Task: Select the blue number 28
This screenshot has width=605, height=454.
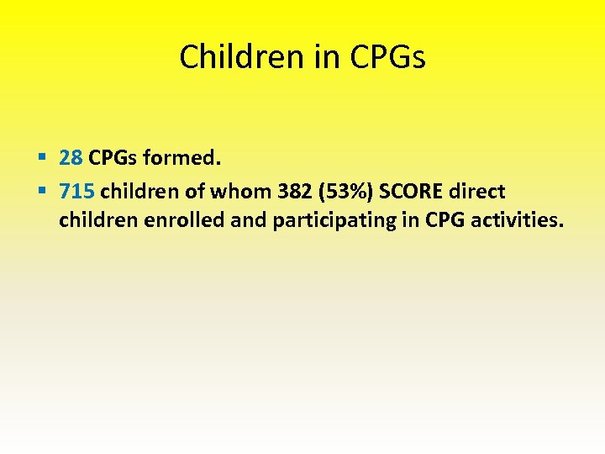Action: (x=71, y=157)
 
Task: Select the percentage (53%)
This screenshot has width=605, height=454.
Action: (x=350, y=191)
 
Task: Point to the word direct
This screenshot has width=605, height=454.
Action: (x=479, y=191)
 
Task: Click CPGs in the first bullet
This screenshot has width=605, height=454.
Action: (x=113, y=157)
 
